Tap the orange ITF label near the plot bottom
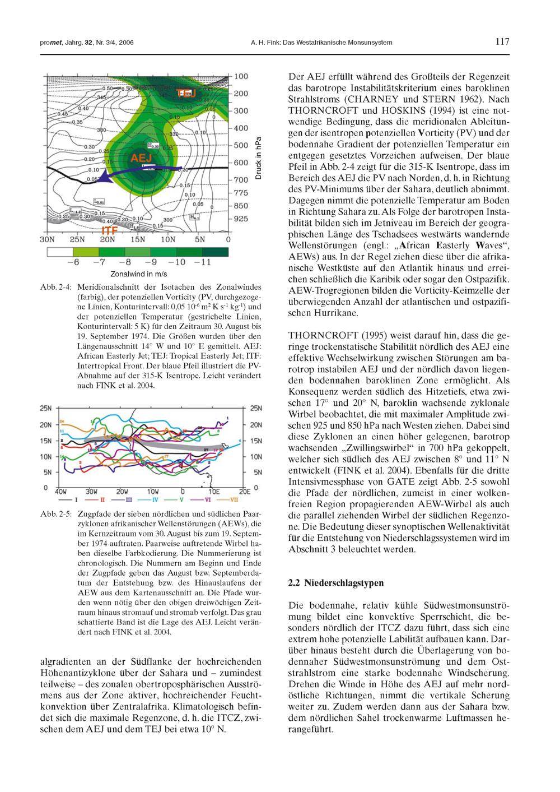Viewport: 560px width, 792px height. click(x=109, y=230)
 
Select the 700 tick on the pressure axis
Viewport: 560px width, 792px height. click(x=241, y=180)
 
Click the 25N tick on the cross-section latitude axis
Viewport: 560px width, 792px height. click(x=77, y=239)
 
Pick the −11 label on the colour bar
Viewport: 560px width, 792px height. click(x=202, y=262)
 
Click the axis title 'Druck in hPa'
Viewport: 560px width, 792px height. click(x=258, y=158)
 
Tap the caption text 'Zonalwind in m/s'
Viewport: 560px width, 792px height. click(x=139, y=274)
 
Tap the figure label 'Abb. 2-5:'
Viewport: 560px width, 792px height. click(x=55, y=514)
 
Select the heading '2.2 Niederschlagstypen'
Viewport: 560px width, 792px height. click(x=336, y=583)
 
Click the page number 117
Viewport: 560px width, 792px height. click(x=502, y=42)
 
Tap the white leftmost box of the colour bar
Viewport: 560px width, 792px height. click(x=62, y=252)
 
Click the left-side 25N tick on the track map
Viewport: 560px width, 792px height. click(x=45, y=408)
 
